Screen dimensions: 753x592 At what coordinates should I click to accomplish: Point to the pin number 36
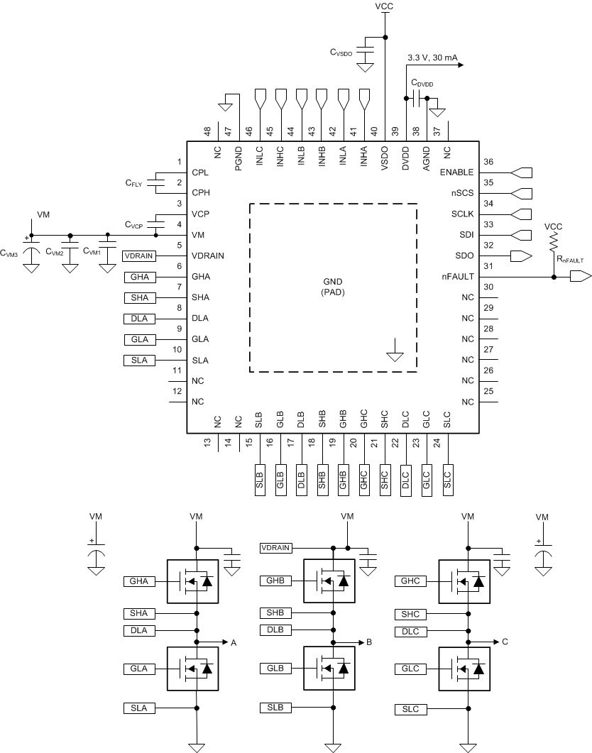pos(488,162)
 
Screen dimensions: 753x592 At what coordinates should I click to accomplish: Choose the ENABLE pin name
pos(456,172)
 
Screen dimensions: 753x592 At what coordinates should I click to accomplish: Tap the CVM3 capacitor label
pos(12,251)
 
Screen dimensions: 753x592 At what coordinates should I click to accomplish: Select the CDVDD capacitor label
pos(422,83)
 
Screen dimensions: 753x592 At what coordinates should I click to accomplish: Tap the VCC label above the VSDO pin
pos(384,6)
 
